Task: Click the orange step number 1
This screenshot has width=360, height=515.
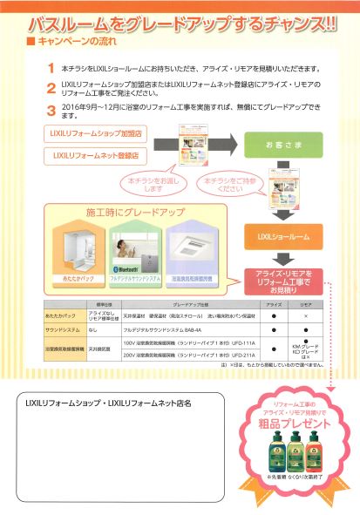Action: [51, 67]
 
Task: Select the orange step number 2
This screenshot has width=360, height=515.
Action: [51, 88]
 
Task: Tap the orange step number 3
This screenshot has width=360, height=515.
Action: [51, 111]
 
